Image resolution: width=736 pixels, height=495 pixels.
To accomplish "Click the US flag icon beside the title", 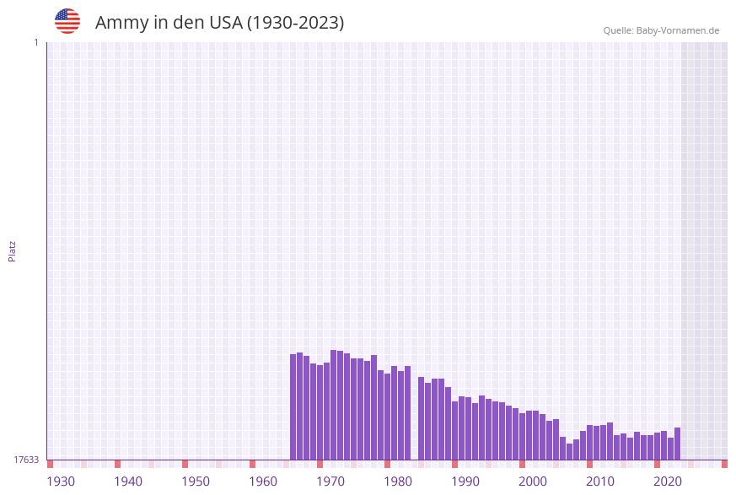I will [x=67, y=21].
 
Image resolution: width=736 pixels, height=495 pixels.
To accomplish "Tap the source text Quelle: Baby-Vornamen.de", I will [x=661, y=30].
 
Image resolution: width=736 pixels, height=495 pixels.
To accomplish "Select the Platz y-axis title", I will [x=13, y=250].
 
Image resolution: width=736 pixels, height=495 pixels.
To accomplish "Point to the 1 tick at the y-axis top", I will [x=35, y=42].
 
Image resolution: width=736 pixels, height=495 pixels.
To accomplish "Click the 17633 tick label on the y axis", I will [x=26, y=460].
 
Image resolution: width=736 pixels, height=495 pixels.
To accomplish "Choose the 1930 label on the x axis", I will [x=61, y=482].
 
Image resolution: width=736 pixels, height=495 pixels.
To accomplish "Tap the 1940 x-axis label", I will [x=128, y=482].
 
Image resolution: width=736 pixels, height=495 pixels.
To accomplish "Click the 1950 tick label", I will [x=196, y=482].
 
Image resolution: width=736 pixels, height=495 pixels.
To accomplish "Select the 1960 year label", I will [x=263, y=482].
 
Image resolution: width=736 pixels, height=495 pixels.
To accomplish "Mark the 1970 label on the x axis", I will [x=330, y=482].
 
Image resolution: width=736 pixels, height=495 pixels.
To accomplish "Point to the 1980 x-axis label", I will [x=398, y=482].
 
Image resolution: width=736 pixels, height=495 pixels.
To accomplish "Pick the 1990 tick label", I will [x=465, y=482].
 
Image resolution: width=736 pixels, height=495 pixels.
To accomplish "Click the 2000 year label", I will [x=533, y=482].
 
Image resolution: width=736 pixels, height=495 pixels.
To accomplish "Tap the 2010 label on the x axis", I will [x=600, y=482].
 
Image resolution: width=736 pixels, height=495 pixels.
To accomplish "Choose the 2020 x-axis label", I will [x=668, y=482].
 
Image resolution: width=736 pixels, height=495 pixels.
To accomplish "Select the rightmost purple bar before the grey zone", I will [x=677, y=444].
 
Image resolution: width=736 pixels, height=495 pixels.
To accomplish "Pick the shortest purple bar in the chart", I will [x=569, y=452].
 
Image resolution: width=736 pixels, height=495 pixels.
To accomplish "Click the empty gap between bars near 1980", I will [x=414, y=422].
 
